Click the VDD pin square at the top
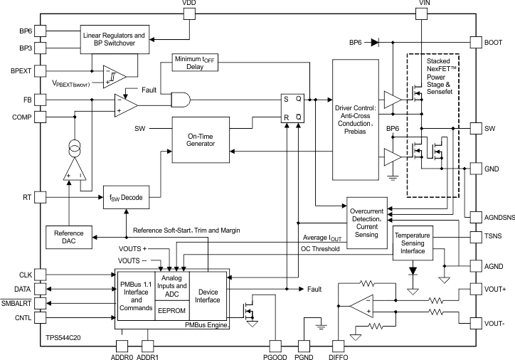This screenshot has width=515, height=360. pyautogui.click(x=189, y=14)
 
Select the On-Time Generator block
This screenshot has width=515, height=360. pyautogui.click(x=201, y=140)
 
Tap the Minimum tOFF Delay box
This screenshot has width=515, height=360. pyautogui.click(x=195, y=63)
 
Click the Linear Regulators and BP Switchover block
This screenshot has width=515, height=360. pyautogui.click(x=115, y=39)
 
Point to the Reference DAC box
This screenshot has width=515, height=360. pyautogui.click(x=69, y=237)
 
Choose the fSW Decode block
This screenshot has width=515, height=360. pyautogui.click(x=127, y=197)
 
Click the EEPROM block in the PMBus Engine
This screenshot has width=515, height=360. pyautogui.click(x=171, y=310)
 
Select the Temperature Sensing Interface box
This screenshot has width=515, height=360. pyautogui.click(x=413, y=243)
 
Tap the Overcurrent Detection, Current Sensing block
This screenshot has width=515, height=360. pyautogui.click(x=367, y=223)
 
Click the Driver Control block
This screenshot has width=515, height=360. pyautogui.click(x=356, y=120)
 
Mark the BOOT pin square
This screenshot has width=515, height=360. pyautogui.click(x=476, y=43)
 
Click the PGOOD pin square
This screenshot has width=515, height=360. pyautogui.click(x=275, y=346)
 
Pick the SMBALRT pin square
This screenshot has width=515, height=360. pyautogui.click(x=40, y=303)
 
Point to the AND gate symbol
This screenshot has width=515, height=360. pyautogui.click(x=181, y=100)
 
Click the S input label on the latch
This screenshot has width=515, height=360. pyautogui.click(x=286, y=99)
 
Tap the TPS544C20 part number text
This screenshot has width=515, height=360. pyautogui.click(x=63, y=338)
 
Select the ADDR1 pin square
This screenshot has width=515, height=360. pyautogui.click(x=147, y=346)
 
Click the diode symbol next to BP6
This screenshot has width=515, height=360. pyautogui.click(x=375, y=43)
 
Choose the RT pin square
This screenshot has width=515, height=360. pyautogui.click(x=40, y=197)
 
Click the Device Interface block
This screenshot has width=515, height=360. pyautogui.click(x=208, y=296)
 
